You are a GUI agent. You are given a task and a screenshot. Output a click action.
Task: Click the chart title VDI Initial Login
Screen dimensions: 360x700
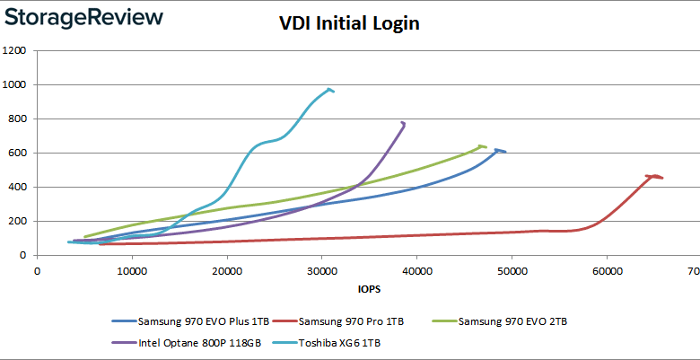(349, 24)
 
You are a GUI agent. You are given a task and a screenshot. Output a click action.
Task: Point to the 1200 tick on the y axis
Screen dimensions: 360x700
(15, 51)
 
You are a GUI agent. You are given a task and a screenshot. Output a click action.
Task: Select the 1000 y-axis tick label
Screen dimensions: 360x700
(15, 85)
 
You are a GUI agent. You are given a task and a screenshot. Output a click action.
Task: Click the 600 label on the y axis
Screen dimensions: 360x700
(18, 154)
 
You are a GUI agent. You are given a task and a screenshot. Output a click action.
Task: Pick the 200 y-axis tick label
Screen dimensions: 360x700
(18, 222)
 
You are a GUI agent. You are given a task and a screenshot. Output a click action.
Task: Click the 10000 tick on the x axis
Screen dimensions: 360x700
(132, 270)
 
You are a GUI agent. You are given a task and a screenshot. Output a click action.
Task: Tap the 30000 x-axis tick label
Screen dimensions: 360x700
(321, 270)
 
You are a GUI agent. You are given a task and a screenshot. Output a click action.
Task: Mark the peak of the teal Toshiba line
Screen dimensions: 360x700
(330, 89)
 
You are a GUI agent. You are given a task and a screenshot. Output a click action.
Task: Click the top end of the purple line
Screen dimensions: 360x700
(403, 122)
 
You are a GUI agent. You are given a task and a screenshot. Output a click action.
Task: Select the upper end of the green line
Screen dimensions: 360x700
(482, 145)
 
